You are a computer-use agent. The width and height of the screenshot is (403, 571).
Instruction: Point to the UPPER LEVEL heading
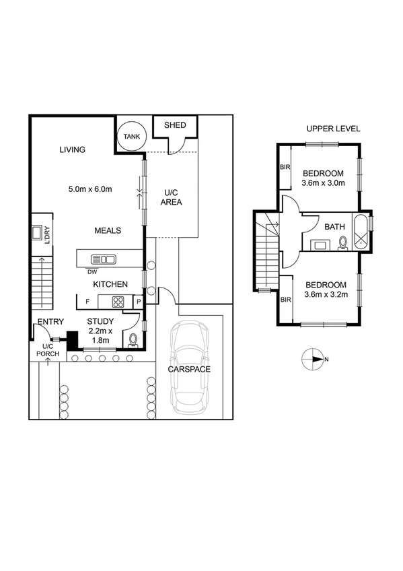pyautogui.click(x=333, y=129)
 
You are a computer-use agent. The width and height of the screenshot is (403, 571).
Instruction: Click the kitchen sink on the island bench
pyautogui.click(x=104, y=259)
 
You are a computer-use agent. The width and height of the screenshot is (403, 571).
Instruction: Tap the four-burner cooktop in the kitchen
pyautogui.click(x=118, y=302)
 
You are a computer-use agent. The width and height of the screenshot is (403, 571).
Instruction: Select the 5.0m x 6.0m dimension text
pyautogui.click(x=89, y=189)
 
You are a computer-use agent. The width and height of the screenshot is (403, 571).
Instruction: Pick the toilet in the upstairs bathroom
pyautogui.click(x=342, y=242)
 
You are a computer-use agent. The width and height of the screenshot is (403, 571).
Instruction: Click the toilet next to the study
pyautogui.click(x=133, y=339)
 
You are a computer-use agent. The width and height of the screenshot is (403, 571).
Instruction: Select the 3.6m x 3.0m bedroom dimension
pyautogui.click(x=324, y=182)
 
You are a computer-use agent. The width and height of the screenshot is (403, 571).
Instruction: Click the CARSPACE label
pyautogui.click(x=189, y=370)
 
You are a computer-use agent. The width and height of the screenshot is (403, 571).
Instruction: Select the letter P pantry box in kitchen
pyautogui.click(x=139, y=302)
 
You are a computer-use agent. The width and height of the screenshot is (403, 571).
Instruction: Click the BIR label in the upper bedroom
pyautogui.click(x=285, y=168)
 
